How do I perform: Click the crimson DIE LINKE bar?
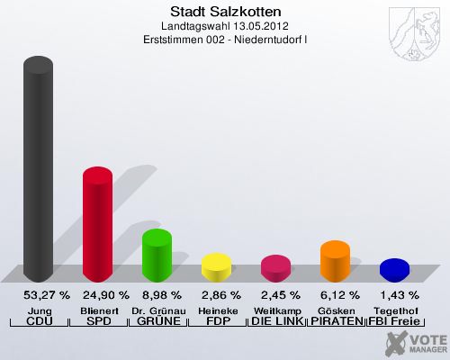[275, 267]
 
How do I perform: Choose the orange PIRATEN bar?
[335, 260]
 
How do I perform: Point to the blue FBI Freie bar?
[394, 269]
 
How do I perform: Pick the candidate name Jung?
[38, 310]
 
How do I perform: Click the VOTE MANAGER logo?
[413, 342]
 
